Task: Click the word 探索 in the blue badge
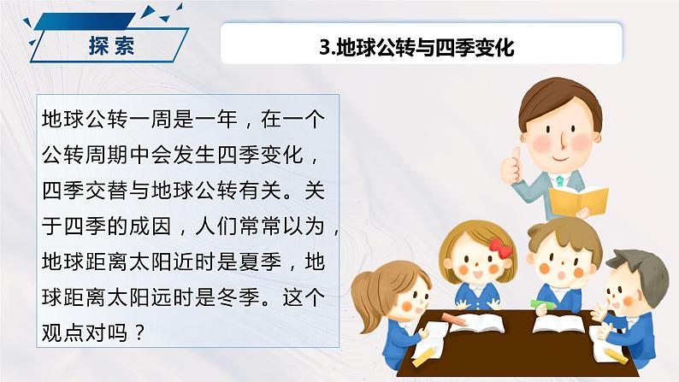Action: (112, 45)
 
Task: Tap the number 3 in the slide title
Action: (325, 47)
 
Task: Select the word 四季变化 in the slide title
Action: (475, 47)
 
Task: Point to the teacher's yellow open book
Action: (579, 201)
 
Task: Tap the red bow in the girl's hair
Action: (500, 248)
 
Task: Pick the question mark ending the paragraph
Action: (139, 332)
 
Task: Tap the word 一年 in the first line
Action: (216, 119)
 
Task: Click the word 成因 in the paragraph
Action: (151, 226)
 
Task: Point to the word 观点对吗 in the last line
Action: (85, 333)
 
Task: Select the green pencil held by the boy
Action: (543, 304)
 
